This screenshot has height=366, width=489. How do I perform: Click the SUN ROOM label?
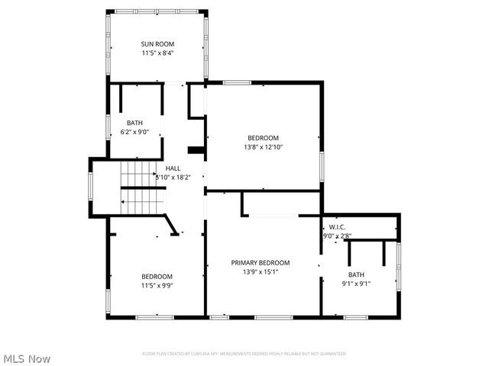pos(157,44)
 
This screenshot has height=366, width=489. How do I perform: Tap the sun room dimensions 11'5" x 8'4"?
pos(157,53)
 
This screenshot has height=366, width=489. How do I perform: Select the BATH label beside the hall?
pos(134,123)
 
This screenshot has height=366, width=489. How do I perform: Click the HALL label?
pos(173,168)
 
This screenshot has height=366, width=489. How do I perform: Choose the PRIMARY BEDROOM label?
pos(261,262)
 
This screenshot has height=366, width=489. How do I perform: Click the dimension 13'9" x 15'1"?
pos(261,271)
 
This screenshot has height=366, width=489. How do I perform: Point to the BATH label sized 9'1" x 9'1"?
pos(356,274)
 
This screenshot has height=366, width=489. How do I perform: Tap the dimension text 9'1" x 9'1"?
pos(356,284)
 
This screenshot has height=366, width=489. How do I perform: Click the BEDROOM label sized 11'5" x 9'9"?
pos(157,276)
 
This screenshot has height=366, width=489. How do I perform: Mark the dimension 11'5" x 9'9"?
pos(157,285)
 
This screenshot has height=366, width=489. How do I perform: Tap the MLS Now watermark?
pos(27,358)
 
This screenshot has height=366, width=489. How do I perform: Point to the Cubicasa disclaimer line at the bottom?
pos(244,354)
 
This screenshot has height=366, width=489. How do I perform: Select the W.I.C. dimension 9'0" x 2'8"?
pos(337,236)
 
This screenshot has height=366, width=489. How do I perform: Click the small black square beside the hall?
pos(195,150)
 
